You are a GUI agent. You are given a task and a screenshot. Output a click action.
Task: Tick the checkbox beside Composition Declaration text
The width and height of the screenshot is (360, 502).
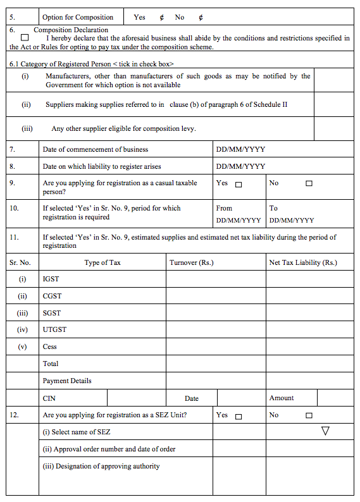click(x=25, y=38)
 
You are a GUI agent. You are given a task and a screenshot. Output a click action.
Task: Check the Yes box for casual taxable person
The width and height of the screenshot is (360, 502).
click(x=239, y=185)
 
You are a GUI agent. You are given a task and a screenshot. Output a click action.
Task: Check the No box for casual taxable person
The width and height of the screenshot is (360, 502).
click(x=309, y=184)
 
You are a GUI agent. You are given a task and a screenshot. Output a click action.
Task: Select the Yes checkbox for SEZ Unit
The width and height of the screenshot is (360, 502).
click(x=239, y=417)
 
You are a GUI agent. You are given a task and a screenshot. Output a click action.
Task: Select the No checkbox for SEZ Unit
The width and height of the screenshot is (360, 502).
click(x=309, y=416)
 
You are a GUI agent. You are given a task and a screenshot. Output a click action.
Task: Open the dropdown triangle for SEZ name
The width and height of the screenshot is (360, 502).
click(x=326, y=431)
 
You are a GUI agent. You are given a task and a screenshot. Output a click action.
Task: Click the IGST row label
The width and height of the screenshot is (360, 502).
click(x=51, y=279)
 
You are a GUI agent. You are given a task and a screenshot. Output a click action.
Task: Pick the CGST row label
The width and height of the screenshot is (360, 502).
click(x=52, y=296)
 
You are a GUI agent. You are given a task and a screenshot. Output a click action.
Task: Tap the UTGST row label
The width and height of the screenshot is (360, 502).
click(x=54, y=329)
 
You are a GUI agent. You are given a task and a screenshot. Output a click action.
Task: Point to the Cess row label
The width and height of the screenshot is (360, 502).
click(x=49, y=346)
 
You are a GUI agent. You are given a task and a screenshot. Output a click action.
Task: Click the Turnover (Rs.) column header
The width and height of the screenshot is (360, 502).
click(x=192, y=262)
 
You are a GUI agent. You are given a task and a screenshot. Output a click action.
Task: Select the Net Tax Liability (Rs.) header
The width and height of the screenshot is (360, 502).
click(x=303, y=262)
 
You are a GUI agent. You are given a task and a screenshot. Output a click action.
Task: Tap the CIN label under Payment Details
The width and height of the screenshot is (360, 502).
click(x=49, y=398)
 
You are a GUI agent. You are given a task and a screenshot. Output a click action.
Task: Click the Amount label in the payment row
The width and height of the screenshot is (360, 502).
click(x=282, y=398)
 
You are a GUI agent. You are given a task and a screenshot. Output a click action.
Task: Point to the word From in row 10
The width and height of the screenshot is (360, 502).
click(x=224, y=208)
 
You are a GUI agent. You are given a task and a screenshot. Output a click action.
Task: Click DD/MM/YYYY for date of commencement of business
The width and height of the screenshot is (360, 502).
click(x=240, y=150)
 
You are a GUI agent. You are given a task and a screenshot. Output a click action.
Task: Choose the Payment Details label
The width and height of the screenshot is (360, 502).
click(x=67, y=381)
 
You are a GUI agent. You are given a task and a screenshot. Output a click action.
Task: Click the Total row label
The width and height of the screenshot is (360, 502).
click(x=51, y=364)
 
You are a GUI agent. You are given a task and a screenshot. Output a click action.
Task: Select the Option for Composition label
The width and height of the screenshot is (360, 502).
click(x=78, y=17)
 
